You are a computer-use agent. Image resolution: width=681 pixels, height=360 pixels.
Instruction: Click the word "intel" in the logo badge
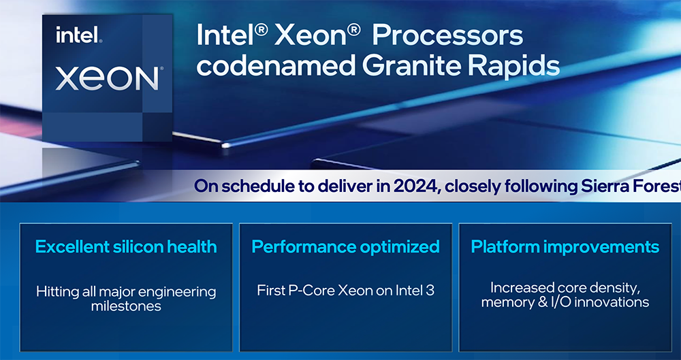(78, 35)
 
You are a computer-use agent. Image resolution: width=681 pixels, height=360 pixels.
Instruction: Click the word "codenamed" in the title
(276, 65)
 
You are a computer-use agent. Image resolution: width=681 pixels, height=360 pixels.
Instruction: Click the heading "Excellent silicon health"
(126, 246)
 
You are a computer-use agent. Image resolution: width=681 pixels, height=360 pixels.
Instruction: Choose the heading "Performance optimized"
(345, 246)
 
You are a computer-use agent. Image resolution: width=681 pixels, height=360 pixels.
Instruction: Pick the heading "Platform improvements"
(565, 246)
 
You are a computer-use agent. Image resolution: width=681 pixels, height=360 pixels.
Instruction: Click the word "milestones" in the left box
(126, 306)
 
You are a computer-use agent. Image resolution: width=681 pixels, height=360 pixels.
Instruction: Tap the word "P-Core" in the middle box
(313, 291)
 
